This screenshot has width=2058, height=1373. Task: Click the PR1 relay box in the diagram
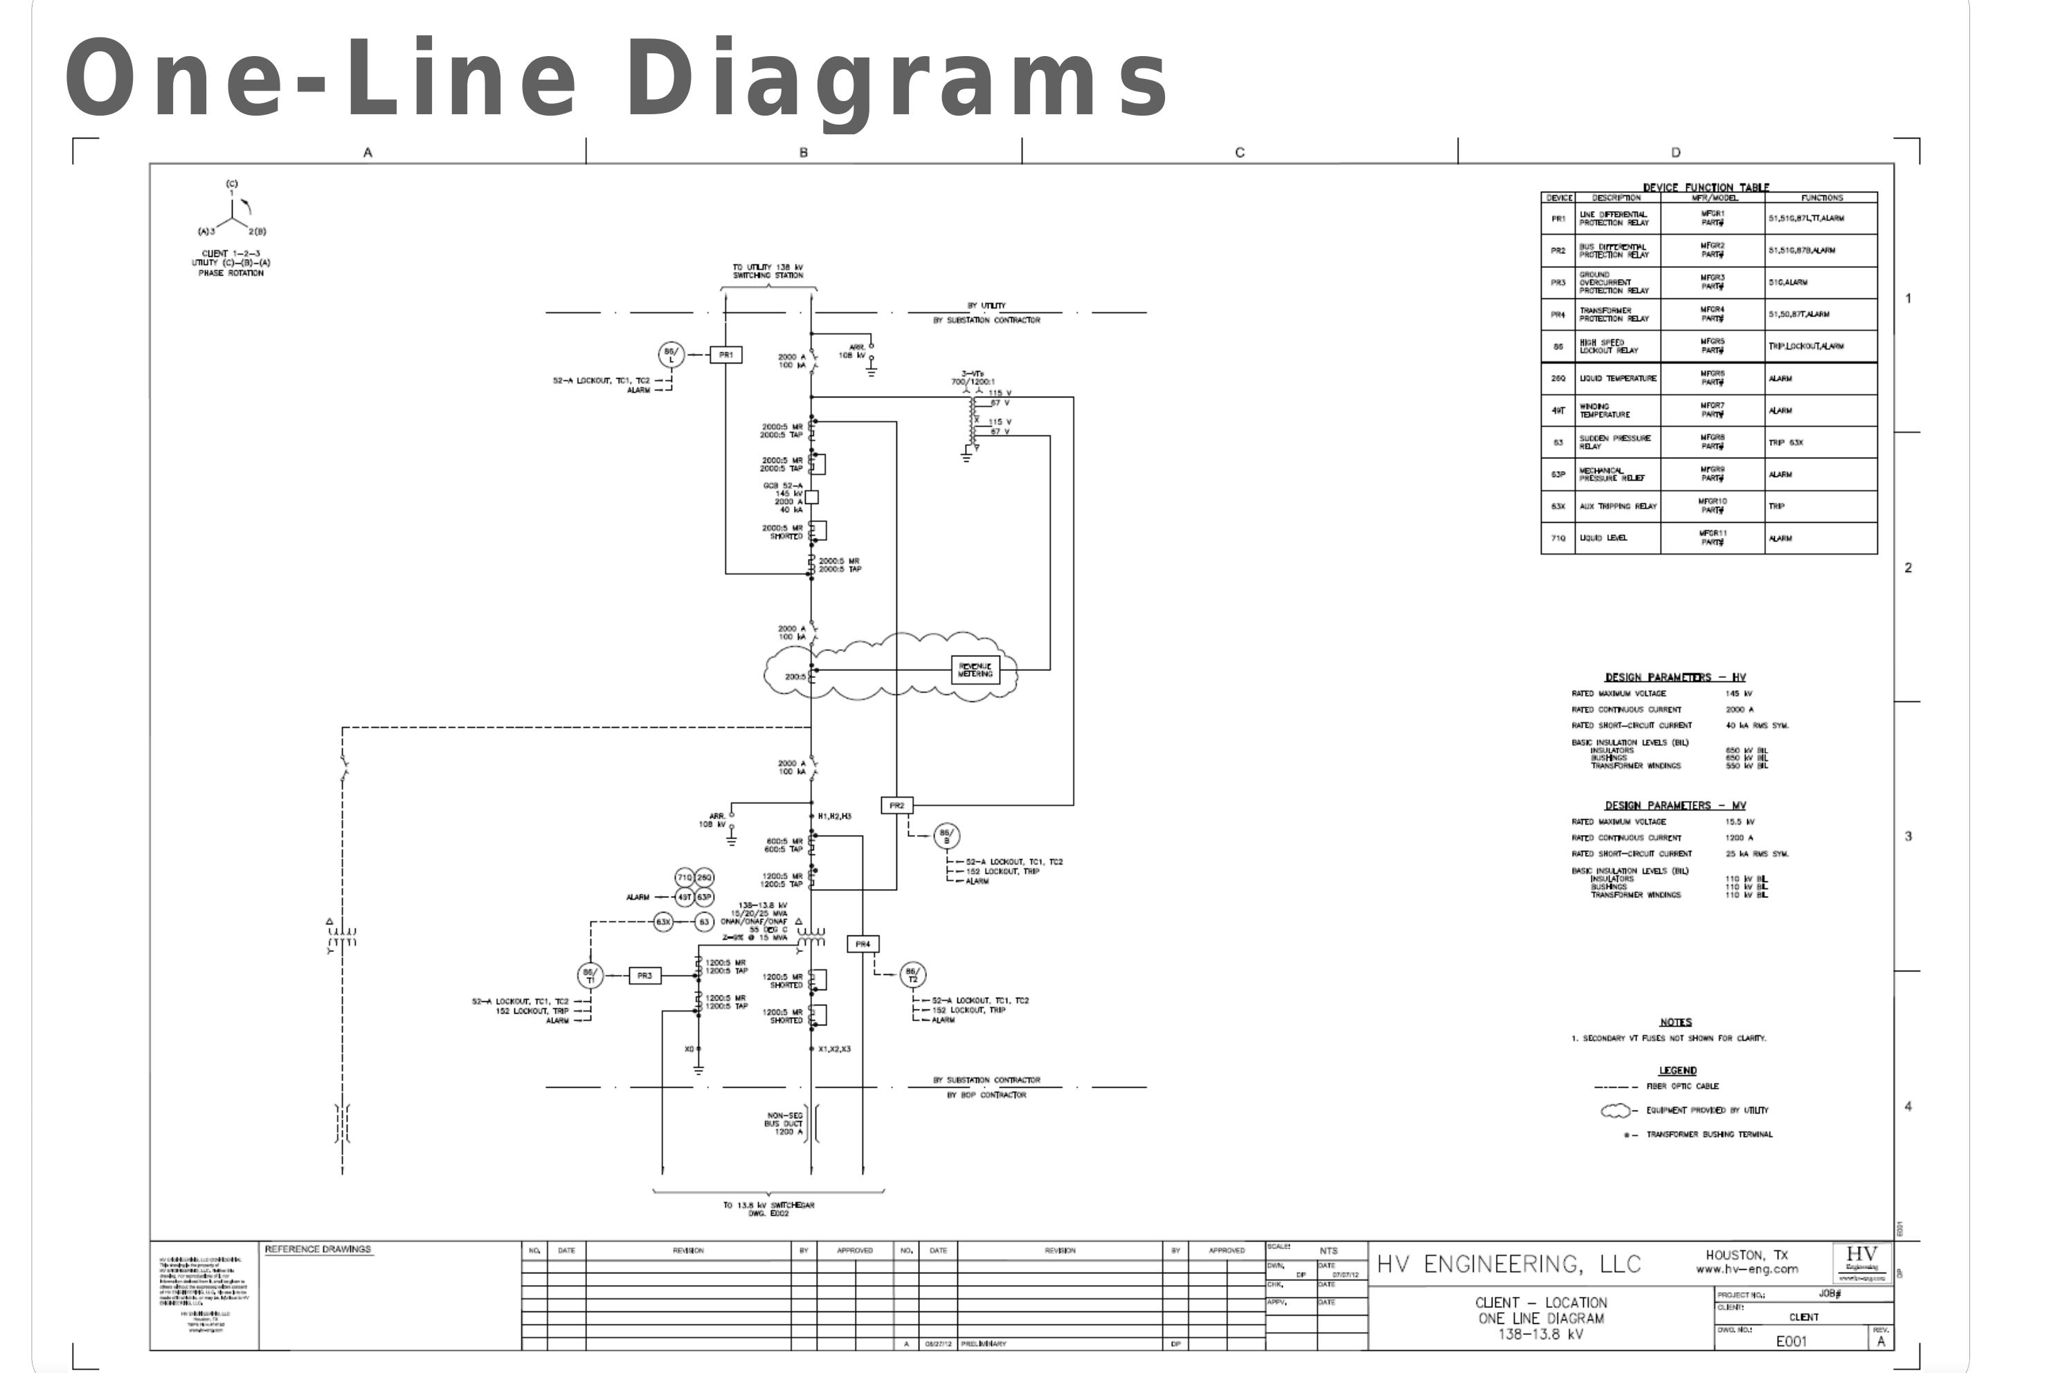click(725, 355)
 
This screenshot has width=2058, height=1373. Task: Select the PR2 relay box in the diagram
click(896, 805)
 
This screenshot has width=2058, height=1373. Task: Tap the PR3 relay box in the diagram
click(644, 976)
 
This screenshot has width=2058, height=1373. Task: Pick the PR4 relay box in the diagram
click(863, 944)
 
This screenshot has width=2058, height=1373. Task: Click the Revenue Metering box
click(975, 670)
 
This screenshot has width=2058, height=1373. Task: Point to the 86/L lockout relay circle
click(671, 355)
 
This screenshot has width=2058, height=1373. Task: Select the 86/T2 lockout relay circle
click(912, 975)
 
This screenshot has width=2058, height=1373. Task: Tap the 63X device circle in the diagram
click(664, 921)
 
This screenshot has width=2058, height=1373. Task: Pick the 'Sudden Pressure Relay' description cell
click(1615, 442)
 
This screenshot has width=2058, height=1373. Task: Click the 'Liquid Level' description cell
click(1604, 538)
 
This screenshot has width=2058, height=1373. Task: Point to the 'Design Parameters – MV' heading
click(1675, 805)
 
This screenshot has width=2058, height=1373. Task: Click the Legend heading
click(1677, 1070)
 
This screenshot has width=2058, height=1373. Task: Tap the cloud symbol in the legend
click(1616, 1111)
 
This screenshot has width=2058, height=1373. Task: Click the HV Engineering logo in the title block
click(1861, 1262)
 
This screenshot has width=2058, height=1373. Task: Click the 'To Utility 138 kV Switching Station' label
click(768, 271)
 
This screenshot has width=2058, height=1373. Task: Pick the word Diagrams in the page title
click(897, 79)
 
